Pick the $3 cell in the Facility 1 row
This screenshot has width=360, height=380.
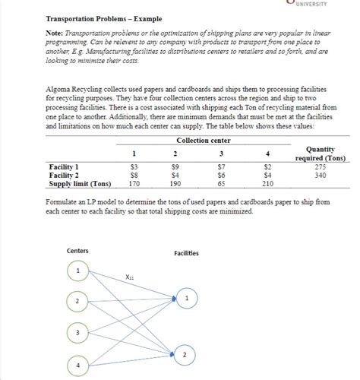[x=134, y=166]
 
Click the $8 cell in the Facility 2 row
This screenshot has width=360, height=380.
[x=134, y=175]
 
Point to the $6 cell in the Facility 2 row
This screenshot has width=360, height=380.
[x=221, y=175]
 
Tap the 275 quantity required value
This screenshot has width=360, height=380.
[x=320, y=166]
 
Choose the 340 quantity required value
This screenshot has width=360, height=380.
[x=320, y=175]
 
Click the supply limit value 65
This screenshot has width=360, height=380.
[x=221, y=184]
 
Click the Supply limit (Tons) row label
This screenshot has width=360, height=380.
[x=80, y=184]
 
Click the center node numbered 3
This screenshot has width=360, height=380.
[x=77, y=333]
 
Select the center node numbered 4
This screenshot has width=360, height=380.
[x=77, y=366]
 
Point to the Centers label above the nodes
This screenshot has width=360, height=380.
[x=77, y=250]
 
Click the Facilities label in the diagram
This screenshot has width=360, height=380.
[x=187, y=253]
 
